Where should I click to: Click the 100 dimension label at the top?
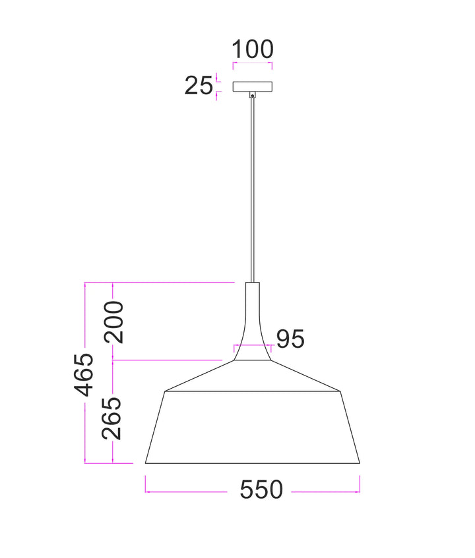point(253,49)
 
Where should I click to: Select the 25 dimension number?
point(199,86)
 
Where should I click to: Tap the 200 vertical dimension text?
point(114,321)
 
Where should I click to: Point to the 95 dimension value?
point(290,339)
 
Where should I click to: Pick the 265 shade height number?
point(114,418)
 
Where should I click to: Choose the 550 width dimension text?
point(261,489)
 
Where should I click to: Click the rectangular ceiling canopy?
point(253,86)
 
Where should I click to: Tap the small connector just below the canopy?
point(252,95)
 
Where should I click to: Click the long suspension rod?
point(252,191)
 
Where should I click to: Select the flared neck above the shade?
point(252,323)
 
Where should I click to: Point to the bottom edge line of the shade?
point(253,463)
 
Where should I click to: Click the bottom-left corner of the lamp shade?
point(146,462)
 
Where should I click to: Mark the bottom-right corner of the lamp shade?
point(360,462)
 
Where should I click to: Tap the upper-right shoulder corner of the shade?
point(341,390)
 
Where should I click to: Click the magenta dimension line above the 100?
point(253,64)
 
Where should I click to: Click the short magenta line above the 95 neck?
point(252,345)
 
